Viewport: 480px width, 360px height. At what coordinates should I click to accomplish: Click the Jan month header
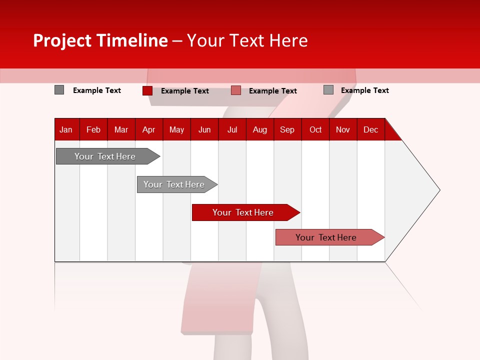(66, 129)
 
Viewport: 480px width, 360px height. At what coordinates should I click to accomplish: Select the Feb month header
(93, 129)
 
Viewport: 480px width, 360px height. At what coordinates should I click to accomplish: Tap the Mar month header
(121, 129)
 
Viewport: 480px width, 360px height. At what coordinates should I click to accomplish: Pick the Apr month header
(149, 129)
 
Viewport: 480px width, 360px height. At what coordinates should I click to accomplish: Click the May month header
(176, 129)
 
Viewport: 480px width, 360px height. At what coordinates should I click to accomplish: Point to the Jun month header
(204, 129)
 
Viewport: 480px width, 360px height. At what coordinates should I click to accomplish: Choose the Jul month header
(232, 129)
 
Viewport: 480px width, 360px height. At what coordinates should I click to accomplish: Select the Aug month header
(260, 129)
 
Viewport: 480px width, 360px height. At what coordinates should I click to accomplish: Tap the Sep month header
(287, 129)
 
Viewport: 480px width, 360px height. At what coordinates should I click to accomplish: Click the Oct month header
(315, 129)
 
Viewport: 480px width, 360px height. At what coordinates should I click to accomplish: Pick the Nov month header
(343, 129)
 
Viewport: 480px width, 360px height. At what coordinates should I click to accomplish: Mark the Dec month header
(371, 129)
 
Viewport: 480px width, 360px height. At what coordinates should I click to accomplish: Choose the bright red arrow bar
(243, 212)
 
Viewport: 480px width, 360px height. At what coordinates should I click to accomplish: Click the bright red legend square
(147, 90)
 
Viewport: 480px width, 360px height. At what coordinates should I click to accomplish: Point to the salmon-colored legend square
(236, 90)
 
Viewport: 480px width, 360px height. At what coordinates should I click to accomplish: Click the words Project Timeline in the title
(100, 40)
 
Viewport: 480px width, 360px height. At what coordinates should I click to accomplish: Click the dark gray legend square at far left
(59, 90)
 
